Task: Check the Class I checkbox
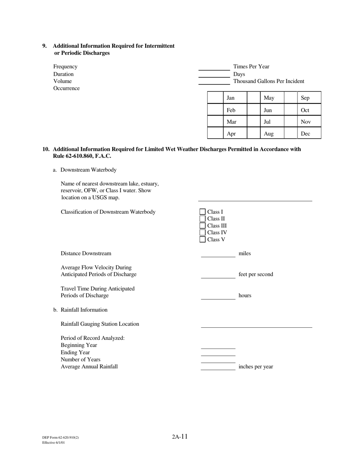pyautogui.click(x=202, y=212)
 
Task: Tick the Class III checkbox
pyautogui.click(x=202, y=226)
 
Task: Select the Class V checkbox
pyautogui.click(x=202, y=239)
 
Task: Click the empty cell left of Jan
pyautogui.click(x=215, y=98)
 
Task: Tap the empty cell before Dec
pyautogui.click(x=291, y=133)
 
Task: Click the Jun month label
pyautogui.click(x=268, y=110)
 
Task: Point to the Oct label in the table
pyautogui.click(x=305, y=110)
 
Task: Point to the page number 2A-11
pyautogui.click(x=180, y=436)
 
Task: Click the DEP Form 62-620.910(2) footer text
pyautogui.click(x=61, y=438)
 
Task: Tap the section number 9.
pyautogui.click(x=44, y=46)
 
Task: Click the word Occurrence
pyautogui.click(x=66, y=88)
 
